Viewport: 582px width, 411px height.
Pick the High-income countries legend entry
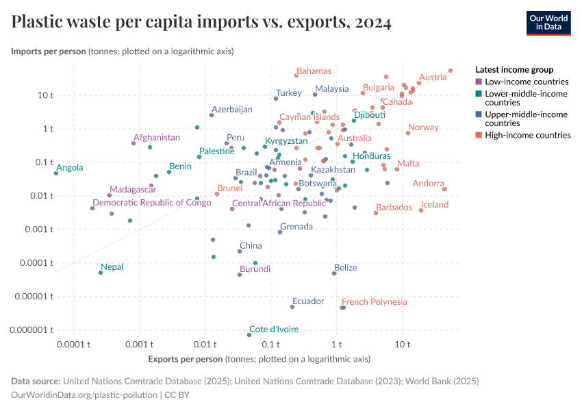click(527, 135)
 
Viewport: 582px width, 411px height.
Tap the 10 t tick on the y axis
click(45, 95)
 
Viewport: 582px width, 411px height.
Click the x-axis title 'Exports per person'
click(260, 359)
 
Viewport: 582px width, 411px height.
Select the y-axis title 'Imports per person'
click(123, 51)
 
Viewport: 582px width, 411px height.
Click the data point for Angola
click(56, 173)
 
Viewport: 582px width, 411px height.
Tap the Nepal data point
click(101, 273)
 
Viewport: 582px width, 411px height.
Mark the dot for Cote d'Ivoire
click(249, 335)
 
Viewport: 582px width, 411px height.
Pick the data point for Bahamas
click(296, 75)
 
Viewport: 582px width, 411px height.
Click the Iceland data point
click(421, 210)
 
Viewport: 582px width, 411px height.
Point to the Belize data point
click(334, 273)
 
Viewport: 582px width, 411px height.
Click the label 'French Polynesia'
click(374, 301)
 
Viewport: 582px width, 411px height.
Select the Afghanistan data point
click(134, 143)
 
